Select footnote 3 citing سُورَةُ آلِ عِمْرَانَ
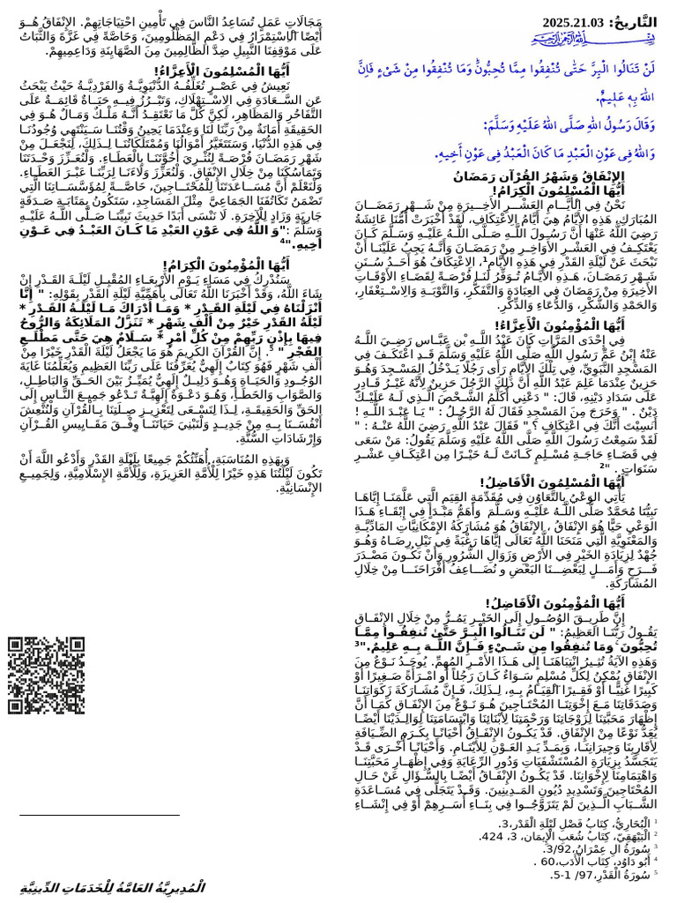(x=608, y=849)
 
